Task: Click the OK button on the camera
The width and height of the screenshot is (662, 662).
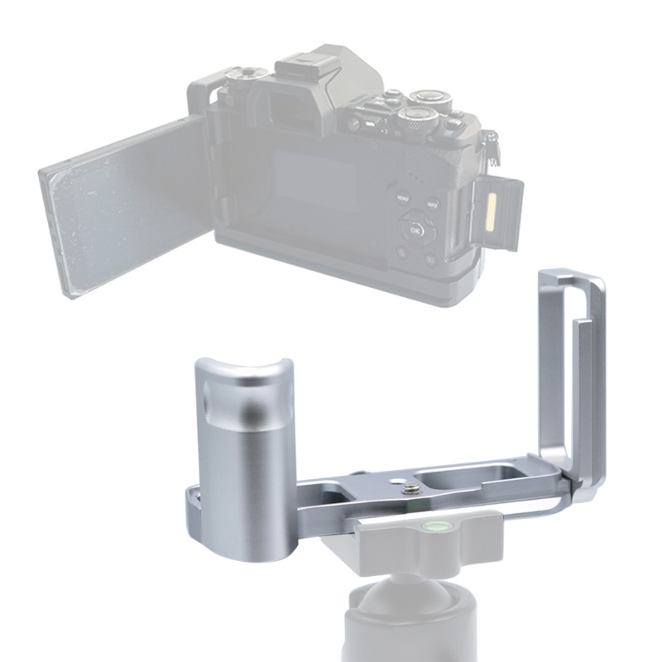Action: coord(415,231)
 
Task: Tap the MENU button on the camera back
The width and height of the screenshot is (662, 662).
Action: coord(403,199)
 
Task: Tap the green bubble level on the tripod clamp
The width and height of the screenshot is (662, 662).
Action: coord(433,525)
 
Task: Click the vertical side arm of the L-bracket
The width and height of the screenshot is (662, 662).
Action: coord(571,372)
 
